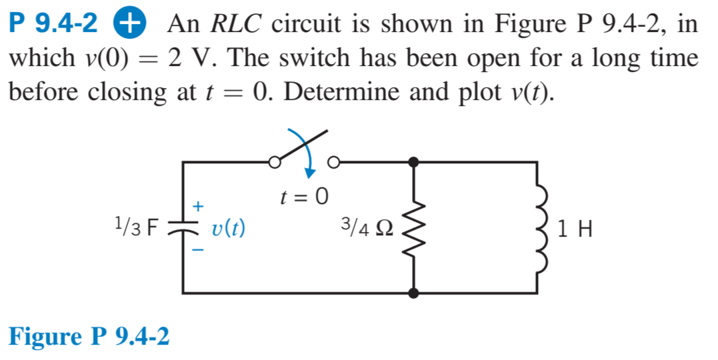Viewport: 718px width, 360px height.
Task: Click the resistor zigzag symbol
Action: [414, 227]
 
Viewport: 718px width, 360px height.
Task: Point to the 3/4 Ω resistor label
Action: [367, 228]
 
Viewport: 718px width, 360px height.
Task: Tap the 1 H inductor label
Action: [575, 229]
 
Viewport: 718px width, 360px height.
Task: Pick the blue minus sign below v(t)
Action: [198, 250]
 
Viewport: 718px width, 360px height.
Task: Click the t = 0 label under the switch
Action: [304, 196]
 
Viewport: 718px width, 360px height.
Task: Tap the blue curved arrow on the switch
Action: [309, 156]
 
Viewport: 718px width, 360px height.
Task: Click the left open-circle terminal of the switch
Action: [273, 161]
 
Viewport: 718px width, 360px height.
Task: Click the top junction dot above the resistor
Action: [414, 161]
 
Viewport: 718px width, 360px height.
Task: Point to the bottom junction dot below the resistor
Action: [414, 293]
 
